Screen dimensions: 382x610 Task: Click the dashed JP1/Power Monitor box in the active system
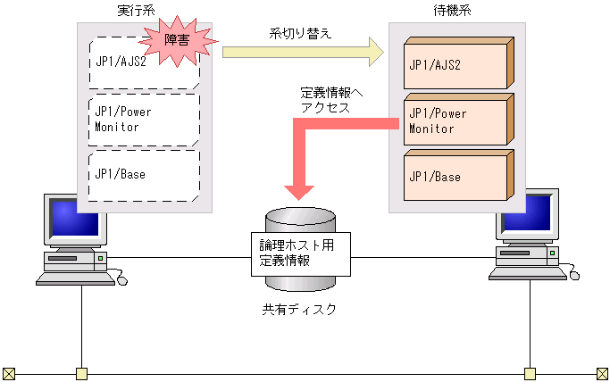coord(144,120)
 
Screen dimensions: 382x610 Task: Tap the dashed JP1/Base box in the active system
coord(144,175)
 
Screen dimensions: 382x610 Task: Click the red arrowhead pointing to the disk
coord(299,190)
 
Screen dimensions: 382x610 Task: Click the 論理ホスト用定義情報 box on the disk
coord(298,253)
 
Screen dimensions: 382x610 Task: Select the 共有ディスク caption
coord(299,310)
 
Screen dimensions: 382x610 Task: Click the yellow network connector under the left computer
coord(82,373)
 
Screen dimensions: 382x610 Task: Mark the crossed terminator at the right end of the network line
coord(603,373)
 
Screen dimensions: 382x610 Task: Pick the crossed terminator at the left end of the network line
coord(9,373)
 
